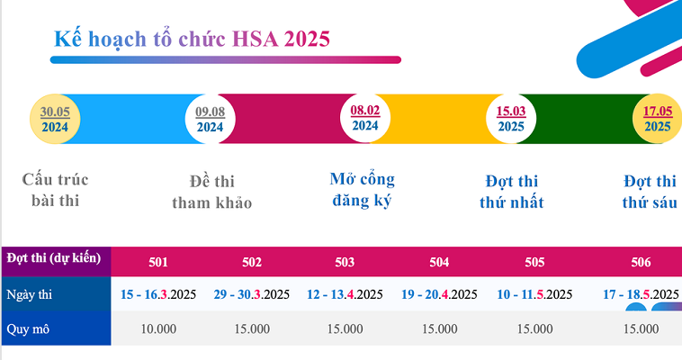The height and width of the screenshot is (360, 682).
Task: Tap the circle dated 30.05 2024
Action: (61, 119)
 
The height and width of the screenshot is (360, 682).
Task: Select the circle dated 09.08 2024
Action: (210, 119)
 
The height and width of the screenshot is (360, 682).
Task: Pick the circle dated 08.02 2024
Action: (364, 118)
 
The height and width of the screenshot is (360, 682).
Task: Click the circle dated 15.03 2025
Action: (511, 119)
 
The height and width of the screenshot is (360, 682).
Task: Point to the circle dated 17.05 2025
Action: (657, 119)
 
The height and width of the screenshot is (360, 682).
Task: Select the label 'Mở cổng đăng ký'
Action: (363, 189)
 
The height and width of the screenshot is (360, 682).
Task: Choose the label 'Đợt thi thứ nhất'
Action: (511, 192)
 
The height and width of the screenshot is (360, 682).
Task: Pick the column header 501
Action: (158, 263)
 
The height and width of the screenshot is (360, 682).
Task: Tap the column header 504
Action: (439, 263)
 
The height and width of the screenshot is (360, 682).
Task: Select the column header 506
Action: (641, 263)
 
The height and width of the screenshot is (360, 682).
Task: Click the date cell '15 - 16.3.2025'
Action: (158, 294)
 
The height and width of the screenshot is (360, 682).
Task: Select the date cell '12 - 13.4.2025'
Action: (345, 294)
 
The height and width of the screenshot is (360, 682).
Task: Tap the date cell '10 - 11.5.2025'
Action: (534, 294)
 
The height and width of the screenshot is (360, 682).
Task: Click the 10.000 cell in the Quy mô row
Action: (158, 328)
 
